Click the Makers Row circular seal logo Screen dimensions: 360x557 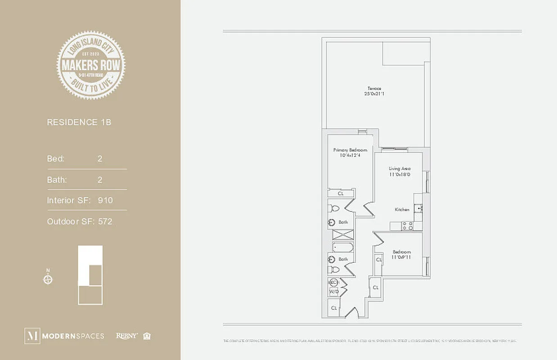pos(91,65)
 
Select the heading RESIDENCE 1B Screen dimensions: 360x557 pos(79,122)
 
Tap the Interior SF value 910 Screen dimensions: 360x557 pos(105,200)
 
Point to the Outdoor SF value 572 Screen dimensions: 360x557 pos(105,221)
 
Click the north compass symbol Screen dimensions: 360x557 pos(48,279)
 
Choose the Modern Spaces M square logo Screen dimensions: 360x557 pos(32,336)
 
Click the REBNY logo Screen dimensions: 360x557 pos(126,336)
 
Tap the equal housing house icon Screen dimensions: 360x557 pos(147,336)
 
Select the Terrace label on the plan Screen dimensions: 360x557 pos(374,88)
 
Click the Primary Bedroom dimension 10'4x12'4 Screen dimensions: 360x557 pos(350,155)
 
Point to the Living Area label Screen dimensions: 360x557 pos(400,169)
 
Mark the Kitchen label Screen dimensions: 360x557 pos(402,210)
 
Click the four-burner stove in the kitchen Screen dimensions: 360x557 pos(408,226)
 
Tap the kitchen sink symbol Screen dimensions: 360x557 pos(419,208)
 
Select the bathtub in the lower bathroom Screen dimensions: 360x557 pos(343,247)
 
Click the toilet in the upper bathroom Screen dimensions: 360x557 pos(334,208)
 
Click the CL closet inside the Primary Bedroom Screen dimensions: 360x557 pos(340,193)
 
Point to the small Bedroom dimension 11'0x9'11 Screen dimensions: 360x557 pos(401,257)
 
